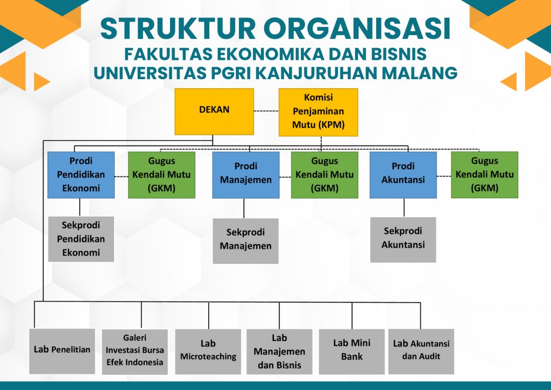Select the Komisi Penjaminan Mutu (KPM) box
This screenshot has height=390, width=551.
tap(318, 112)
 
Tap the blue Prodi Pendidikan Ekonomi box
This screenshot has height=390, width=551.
tap(81, 175)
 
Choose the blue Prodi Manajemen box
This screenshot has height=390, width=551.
tap(246, 175)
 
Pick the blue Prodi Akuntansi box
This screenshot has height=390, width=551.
tap(403, 175)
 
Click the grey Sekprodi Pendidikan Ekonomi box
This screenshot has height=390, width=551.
tap(81, 239)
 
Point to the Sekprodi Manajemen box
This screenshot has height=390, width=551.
tap(245, 240)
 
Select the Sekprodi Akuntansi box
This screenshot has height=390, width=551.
tap(403, 239)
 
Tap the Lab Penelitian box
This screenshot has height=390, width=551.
tap(62, 351)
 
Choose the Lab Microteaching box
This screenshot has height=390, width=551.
tap(208, 351)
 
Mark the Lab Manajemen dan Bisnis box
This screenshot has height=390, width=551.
tap(279, 351)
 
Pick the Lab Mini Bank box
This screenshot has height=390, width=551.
tap(352, 351)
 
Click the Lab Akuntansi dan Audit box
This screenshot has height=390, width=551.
tap(421, 351)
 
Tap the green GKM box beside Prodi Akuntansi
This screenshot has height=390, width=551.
tap(484, 175)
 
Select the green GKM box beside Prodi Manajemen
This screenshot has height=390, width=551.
tap(324, 175)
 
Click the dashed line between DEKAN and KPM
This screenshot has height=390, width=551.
tap(266, 112)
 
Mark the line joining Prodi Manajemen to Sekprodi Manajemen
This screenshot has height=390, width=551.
tap(244, 208)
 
